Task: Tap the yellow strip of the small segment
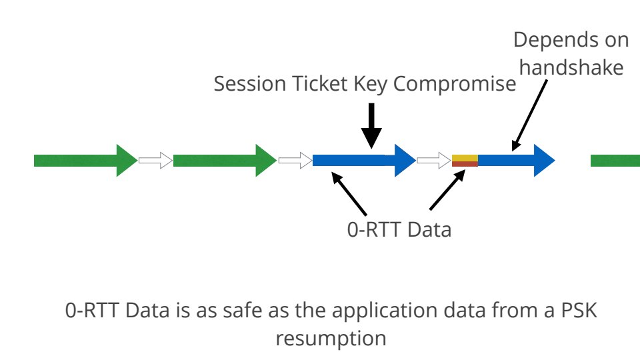pyautogui.click(x=465, y=157)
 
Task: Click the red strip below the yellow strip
pyautogui.click(x=465, y=163)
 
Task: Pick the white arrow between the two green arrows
pyautogui.click(x=155, y=160)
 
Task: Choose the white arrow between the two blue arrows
pyautogui.click(x=434, y=160)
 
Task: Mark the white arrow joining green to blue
pyautogui.click(x=295, y=160)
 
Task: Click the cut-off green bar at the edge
pyautogui.click(x=615, y=160)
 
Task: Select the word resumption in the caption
pyautogui.click(x=331, y=338)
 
